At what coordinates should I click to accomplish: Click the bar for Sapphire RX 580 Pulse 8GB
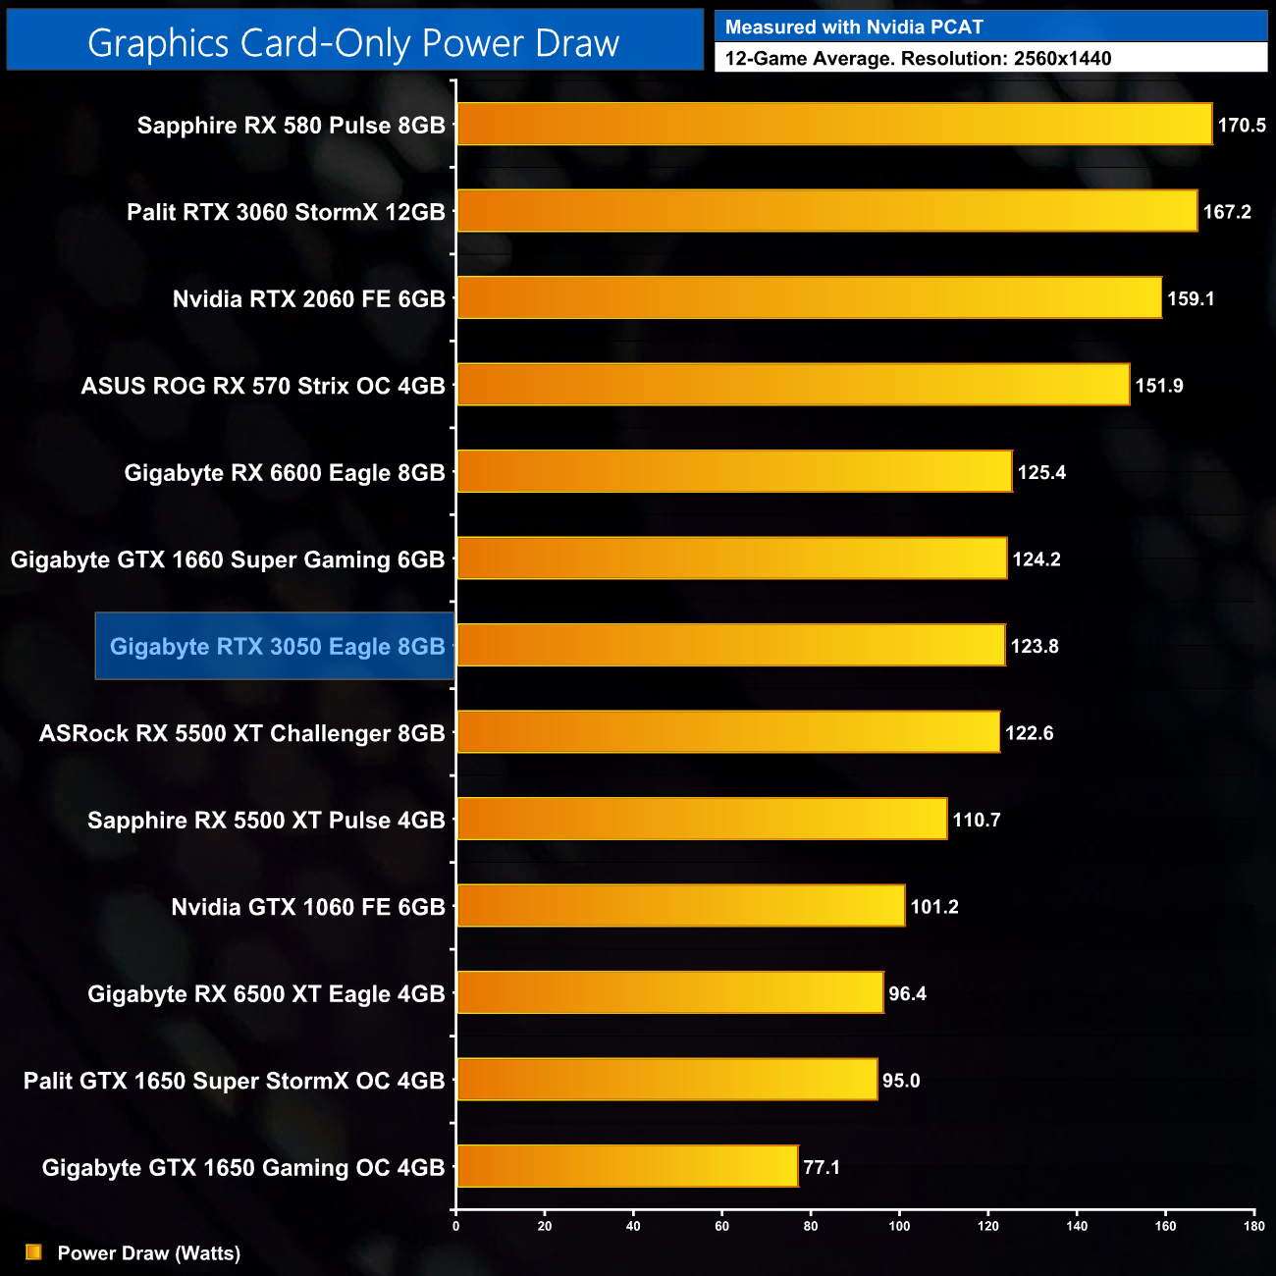(x=834, y=124)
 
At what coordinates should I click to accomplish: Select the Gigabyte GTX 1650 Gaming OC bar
(x=627, y=1166)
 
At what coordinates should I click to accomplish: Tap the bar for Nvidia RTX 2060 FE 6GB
(x=809, y=297)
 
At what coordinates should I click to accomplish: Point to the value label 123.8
(x=1035, y=646)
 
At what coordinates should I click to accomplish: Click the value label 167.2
(x=1227, y=211)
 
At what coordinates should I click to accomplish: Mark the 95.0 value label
(x=901, y=1081)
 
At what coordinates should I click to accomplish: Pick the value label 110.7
(x=977, y=820)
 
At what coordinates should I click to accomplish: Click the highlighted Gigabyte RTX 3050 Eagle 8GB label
(x=277, y=646)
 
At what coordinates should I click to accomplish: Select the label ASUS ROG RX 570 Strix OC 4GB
(x=263, y=386)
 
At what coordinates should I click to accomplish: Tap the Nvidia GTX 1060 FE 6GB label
(x=308, y=907)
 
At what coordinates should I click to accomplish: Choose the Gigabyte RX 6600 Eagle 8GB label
(x=285, y=472)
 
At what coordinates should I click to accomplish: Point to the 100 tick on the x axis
(x=899, y=1225)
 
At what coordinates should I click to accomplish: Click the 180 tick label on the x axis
(x=1254, y=1225)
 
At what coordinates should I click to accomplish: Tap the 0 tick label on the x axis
(x=455, y=1225)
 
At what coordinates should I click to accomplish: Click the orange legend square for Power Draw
(x=33, y=1251)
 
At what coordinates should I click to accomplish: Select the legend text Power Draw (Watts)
(x=149, y=1252)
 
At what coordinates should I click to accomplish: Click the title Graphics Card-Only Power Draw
(x=353, y=42)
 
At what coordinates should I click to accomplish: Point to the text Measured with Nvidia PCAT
(x=854, y=27)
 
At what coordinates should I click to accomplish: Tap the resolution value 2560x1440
(x=1062, y=58)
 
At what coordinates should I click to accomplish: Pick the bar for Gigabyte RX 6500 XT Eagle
(x=670, y=992)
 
